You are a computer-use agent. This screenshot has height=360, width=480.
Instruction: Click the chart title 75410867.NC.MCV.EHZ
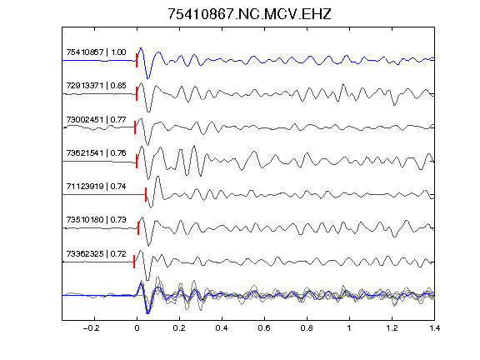tap(249, 14)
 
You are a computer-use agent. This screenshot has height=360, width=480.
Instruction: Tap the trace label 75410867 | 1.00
tap(96, 52)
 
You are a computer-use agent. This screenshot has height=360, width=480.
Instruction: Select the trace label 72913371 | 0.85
tap(96, 85)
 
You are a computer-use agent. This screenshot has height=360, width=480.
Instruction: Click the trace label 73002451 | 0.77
tap(96, 119)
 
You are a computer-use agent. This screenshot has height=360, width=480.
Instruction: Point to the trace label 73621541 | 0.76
tap(96, 152)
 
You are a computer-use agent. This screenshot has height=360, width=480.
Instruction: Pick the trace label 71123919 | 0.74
tap(96, 186)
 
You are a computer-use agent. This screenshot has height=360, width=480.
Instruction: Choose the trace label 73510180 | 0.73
tap(96, 219)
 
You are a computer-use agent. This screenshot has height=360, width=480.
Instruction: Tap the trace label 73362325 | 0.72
tap(96, 253)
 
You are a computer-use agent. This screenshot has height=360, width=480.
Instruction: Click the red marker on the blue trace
tap(137, 60)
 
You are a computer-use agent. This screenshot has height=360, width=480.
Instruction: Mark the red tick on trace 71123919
tap(146, 194)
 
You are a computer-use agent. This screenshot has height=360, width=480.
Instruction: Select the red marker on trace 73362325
tap(134, 262)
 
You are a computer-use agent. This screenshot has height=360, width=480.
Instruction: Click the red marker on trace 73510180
tap(138, 228)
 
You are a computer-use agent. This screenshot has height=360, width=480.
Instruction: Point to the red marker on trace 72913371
tap(137, 93)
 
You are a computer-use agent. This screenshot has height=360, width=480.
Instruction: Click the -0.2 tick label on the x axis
tap(92, 328)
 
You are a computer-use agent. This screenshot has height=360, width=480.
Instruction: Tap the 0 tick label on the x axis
tap(137, 328)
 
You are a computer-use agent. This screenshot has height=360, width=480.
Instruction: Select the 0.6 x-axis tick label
tap(264, 328)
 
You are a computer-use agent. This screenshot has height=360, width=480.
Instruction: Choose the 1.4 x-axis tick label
tap(434, 328)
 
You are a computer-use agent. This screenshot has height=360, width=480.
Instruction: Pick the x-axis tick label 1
tap(349, 328)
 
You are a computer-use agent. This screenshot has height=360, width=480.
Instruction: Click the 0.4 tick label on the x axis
tap(222, 328)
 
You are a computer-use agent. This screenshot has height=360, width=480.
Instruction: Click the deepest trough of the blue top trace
tap(148, 78)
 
